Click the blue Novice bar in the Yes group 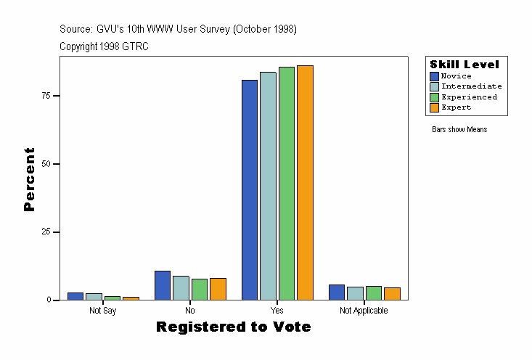tap(250, 189)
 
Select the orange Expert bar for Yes tap(305, 182)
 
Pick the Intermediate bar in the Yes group tap(268, 186)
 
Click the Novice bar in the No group tap(163, 285)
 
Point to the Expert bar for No tap(218, 289)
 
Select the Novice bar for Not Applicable tap(337, 292)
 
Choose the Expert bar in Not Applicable tap(392, 293)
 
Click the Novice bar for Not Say tap(75, 296)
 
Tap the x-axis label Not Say tap(102, 311)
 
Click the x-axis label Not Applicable tap(364, 311)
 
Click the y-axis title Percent tap(30, 179)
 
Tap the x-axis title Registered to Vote tap(233, 327)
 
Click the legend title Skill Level tap(465, 65)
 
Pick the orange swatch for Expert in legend tap(434, 107)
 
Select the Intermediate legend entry tap(471, 86)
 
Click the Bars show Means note tap(459, 130)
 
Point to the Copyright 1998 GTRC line tap(104, 46)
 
